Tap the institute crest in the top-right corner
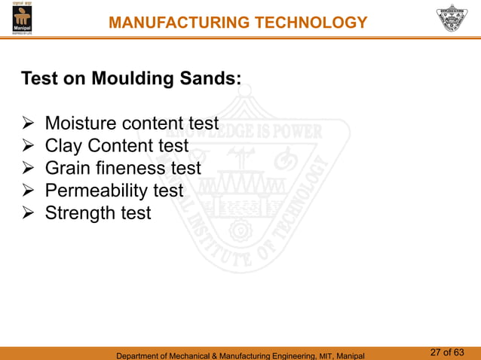pos(455,18)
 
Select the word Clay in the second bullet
pos(63,146)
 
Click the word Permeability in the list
pos(97,191)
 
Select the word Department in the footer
pos(139,355)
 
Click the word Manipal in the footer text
pos(348,355)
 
